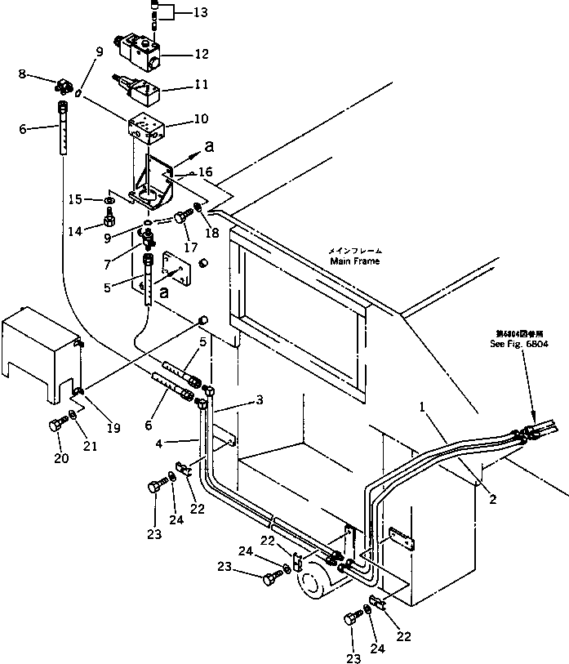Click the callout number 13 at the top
click(200, 13)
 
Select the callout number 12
click(200, 56)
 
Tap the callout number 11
click(200, 84)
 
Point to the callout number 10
click(200, 120)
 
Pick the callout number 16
click(205, 173)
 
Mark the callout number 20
click(62, 458)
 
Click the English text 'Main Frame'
click(355, 261)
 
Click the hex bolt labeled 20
click(56, 426)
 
